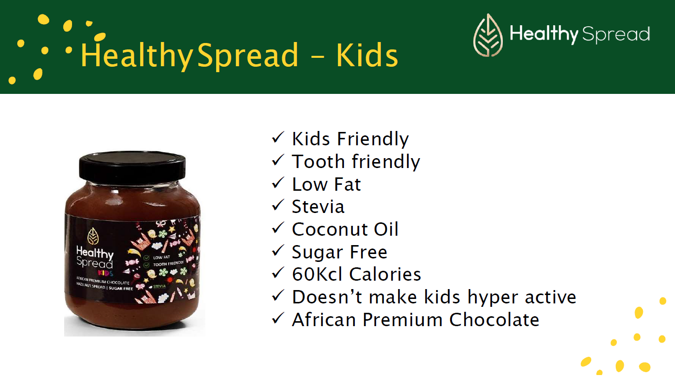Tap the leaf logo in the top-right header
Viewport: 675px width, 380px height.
coord(488,35)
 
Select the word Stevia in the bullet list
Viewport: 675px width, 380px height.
coord(318,207)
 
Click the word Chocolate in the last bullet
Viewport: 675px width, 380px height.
coord(494,320)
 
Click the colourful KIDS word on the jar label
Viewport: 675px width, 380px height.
coord(105,272)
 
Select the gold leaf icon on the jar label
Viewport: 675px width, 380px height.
coord(93,236)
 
